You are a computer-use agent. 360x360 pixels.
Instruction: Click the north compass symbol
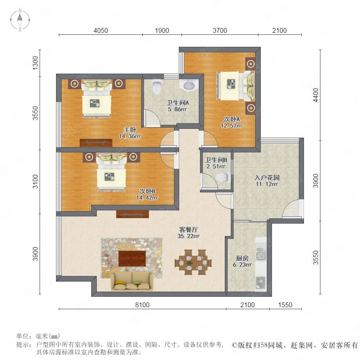click(x=20, y=20)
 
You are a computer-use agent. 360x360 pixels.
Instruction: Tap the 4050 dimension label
click(x=101, y=30)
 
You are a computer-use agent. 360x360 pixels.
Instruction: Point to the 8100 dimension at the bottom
click(x=142, y=305)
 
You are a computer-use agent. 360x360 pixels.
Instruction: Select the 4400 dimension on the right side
click(x=316, y=95)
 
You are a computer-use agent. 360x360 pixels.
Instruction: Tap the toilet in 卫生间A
click(x=157, y=87)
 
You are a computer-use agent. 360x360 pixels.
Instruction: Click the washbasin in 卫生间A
click(x=190, y=86)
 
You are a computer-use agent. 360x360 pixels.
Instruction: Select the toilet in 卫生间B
click(x=223, y=178)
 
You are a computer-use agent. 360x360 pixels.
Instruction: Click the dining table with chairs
click(x=193, y=262)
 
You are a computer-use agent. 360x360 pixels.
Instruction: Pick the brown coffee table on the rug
click(x=132, y=258)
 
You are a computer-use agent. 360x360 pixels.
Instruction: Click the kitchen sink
click(x=261, y=254)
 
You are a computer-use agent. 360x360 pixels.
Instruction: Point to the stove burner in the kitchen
click(x=260, y=282)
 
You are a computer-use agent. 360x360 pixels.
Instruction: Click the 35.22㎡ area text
click(x=188, y=236)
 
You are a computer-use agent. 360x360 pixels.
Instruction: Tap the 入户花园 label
click(x=267, y=178)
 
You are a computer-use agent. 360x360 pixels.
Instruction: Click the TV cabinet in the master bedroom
click(x=96, y=142)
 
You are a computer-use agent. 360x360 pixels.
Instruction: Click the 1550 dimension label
click(x=285, y=305)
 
